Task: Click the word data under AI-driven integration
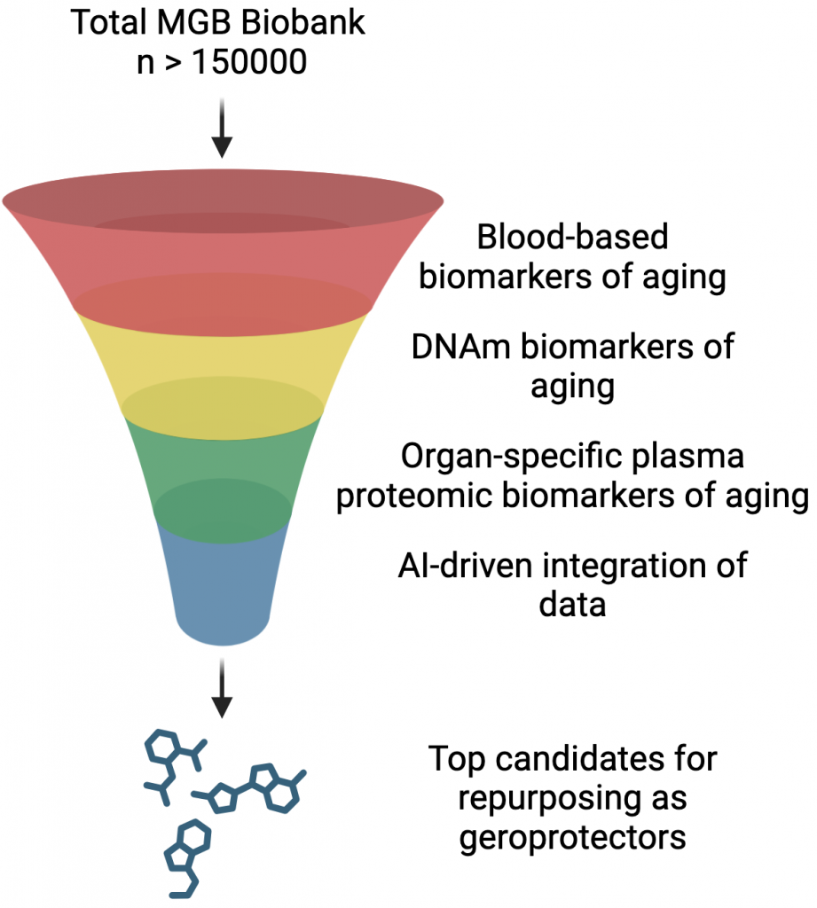[x=572, y=606]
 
